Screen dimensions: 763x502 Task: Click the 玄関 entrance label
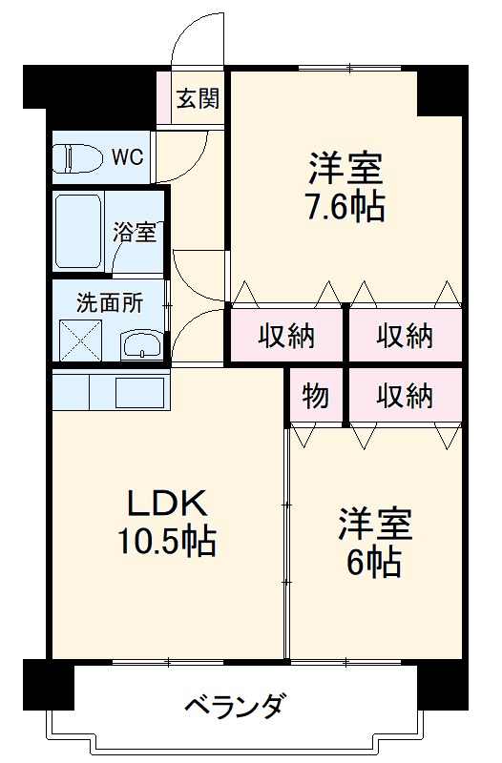(199, 98)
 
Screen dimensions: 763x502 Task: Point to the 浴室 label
(135, 231)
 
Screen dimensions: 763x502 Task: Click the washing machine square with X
(80, 338)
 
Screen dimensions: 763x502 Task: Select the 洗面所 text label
(110, 303)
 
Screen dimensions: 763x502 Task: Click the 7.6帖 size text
(345, 207)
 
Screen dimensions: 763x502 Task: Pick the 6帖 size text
(373, 562)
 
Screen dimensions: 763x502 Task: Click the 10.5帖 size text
(166, 543)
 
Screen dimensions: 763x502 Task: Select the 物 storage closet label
(316, 395)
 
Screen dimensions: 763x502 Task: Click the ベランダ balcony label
(233, 709)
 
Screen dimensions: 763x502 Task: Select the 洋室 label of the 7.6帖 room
(345, 168)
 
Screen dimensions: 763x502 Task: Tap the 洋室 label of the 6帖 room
(374, 524)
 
